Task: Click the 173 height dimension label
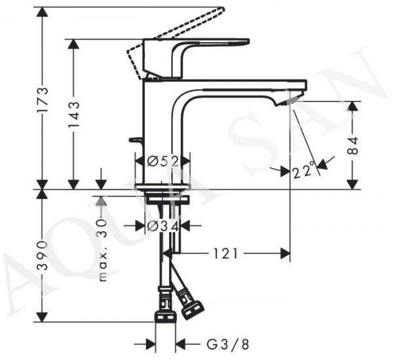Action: coord(42,99)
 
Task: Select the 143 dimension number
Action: coord(73,115)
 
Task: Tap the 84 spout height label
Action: coord(354,145)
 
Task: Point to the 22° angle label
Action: coord(303,170)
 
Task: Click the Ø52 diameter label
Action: coord(163,161)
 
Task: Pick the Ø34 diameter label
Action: coord(163,226)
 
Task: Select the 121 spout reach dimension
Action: coord(225,253)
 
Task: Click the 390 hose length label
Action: coord(42,255)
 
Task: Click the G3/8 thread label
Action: coord(227,344)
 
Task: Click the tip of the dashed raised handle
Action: coord(221,9)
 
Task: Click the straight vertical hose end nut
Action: coord(165,317)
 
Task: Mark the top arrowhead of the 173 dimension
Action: coord(42,12)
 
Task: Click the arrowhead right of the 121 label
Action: coord(285,253)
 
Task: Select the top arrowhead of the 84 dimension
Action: coord(354,107)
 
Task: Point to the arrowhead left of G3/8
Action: coord(151,344)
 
